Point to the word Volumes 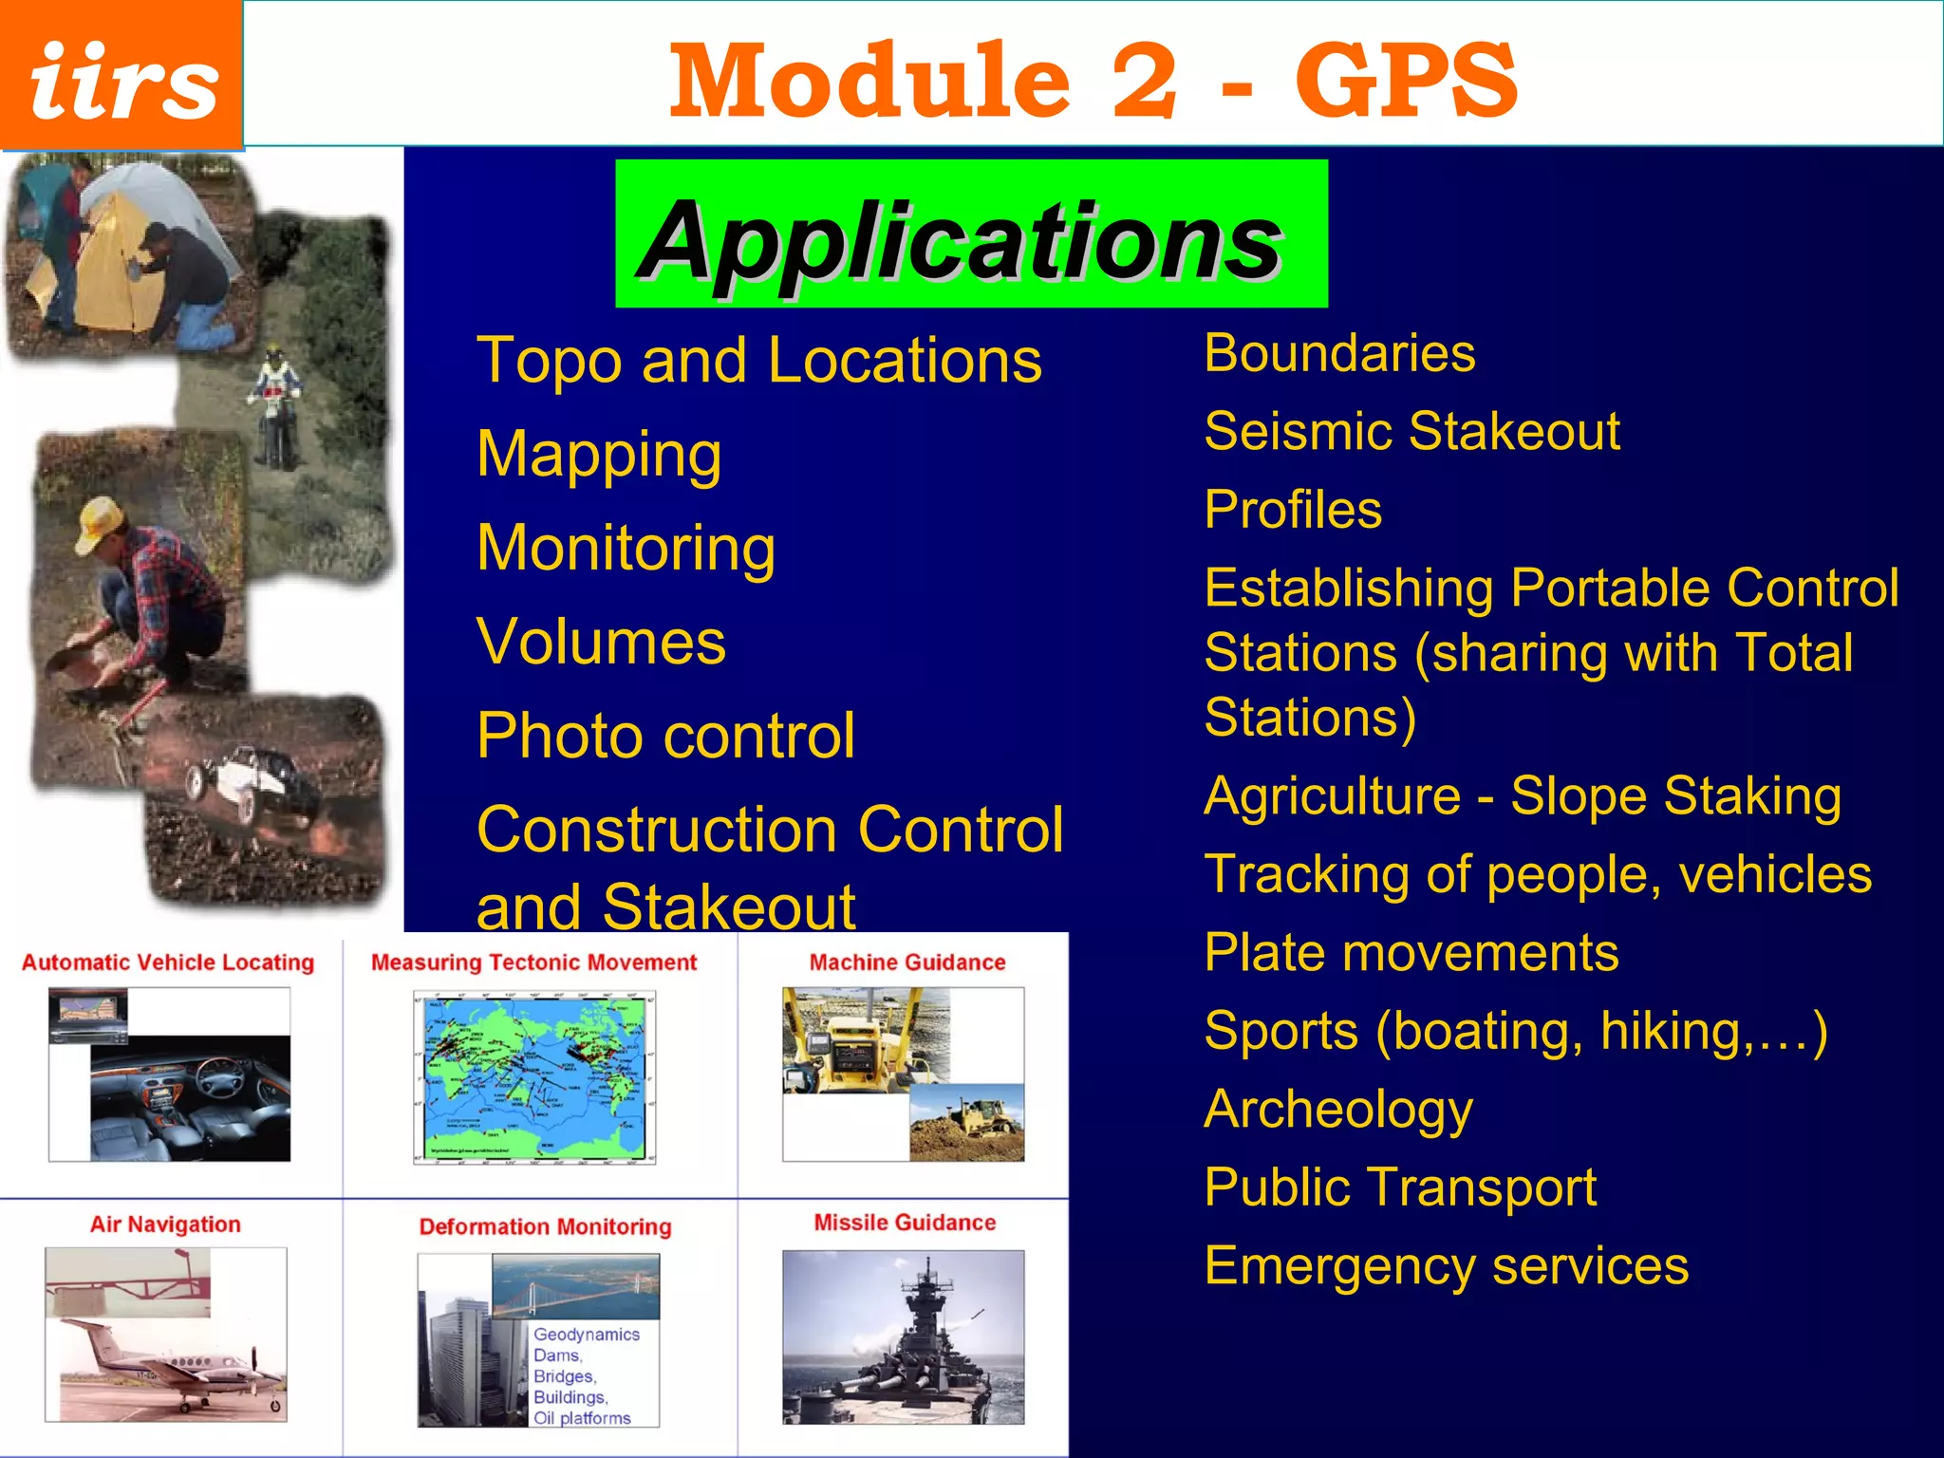point(601,642)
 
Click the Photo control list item point(665,736)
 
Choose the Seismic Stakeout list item point(1411,431)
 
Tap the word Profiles point(1293,510)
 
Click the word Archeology point(1338,1109)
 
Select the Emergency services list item point(1446,1265)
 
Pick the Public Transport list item point(1400,1187)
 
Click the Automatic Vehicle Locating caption point(168,963)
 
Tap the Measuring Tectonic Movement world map point(534,1077)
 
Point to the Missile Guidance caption point(905,1223)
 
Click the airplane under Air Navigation point(171,1367)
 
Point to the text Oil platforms point(581,1418)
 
